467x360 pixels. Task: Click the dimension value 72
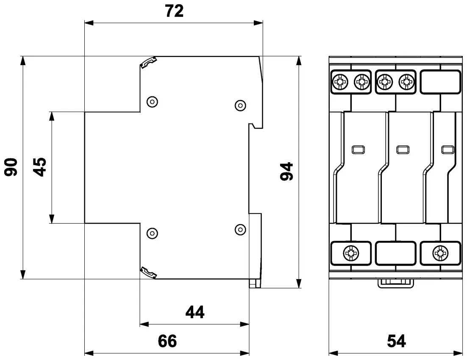(x=174, y=11)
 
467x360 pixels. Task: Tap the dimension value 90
(x=11, y=167)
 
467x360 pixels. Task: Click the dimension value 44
(x=195, y=313)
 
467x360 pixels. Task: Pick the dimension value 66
(x=167, y=341)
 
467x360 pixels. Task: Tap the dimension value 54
(x=396, y=341)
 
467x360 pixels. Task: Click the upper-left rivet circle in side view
(x=151, y=101)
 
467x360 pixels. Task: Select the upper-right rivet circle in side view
(x=240, y=104)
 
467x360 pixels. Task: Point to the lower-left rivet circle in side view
(x=151, y=233)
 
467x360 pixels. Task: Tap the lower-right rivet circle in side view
(x=240, y=229)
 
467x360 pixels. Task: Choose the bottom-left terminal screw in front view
(x=351, y=253)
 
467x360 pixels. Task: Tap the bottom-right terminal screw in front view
(x=439, y=253)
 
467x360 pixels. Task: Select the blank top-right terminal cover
(x=440, y=81)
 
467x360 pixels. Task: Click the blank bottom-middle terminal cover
(x=395, y=253)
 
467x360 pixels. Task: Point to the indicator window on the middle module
(x=401, y=149)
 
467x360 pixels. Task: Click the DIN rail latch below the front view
(x=395, y=282)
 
